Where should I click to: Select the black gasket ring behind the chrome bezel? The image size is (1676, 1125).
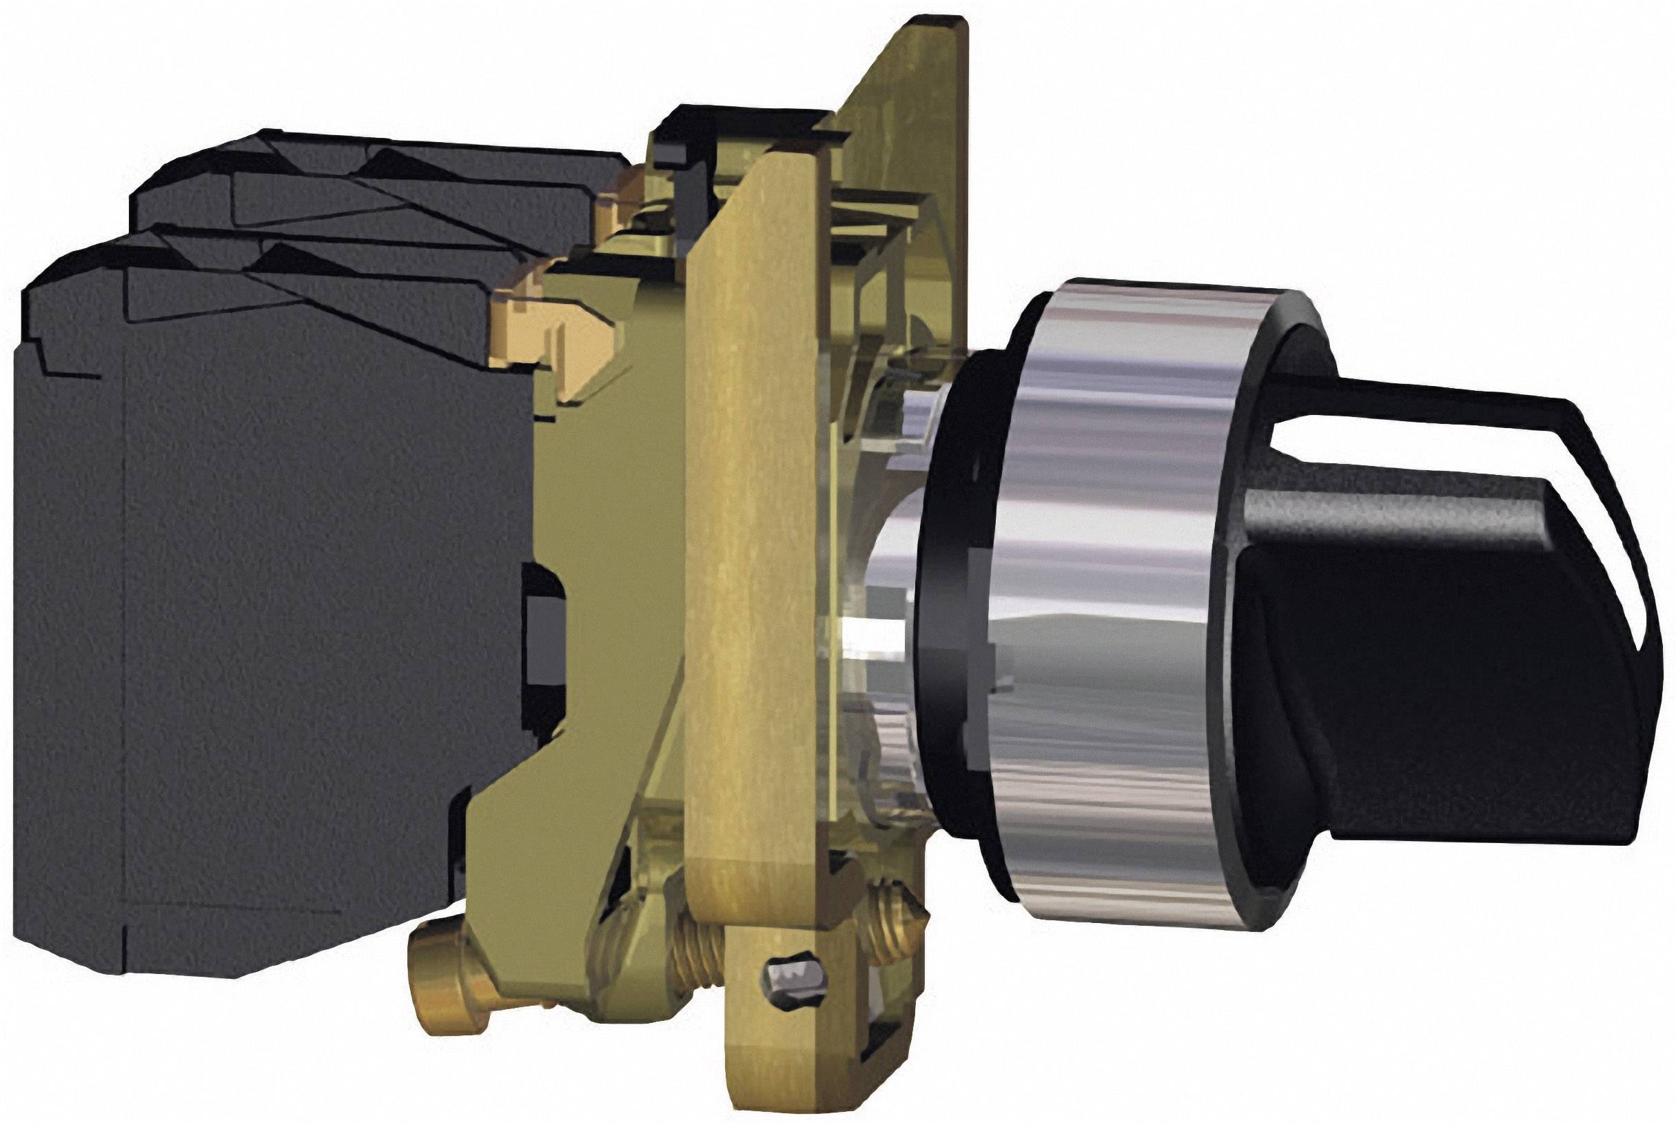(x=939, y=574)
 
